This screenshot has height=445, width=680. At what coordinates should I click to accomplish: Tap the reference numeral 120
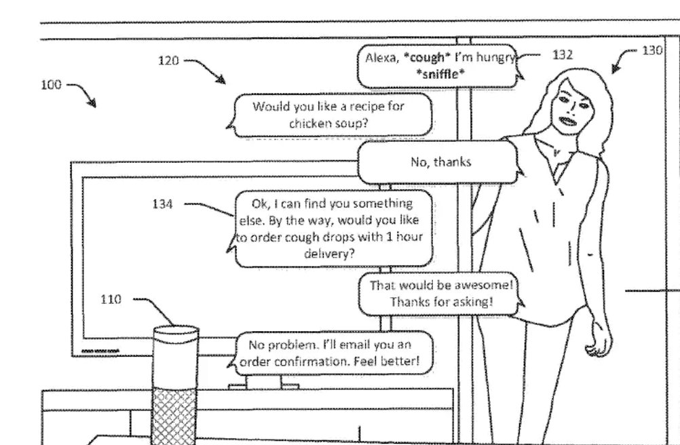pos(168,61)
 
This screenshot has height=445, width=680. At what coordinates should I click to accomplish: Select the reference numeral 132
pos(563,56)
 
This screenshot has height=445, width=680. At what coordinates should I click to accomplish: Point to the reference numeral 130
pos(652,50)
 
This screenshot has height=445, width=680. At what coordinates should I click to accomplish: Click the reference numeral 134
pos(163,204)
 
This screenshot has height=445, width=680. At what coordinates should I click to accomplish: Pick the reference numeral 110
pos(111,299)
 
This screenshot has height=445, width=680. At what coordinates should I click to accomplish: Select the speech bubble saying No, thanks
pos(440,162)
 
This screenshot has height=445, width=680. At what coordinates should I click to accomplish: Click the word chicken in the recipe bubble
pos(309,123)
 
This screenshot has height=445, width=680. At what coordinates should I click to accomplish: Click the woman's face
pos(569,109)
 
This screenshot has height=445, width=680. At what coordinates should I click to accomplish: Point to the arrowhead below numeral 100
pos(92,103)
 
